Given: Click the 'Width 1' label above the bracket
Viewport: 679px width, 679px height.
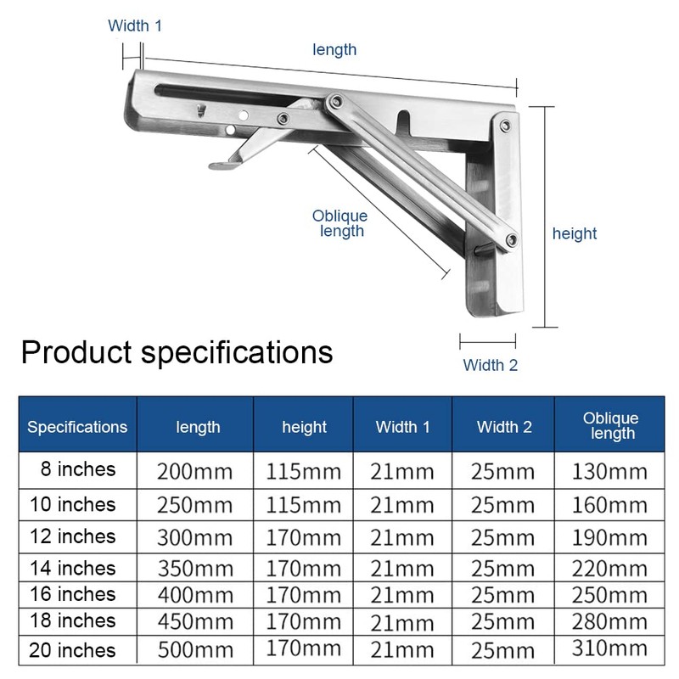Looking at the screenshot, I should (x=134, y=25).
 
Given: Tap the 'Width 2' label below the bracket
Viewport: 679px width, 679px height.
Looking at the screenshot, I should (x=490, y=365).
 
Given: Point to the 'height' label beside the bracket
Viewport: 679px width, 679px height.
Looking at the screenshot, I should (x=575, y=233).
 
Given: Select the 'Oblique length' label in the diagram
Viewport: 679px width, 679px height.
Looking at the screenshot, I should (x=339, y=224).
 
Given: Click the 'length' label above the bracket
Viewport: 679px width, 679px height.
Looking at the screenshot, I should (x=334, y=50).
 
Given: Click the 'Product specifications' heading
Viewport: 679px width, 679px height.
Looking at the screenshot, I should (x=177, y=351).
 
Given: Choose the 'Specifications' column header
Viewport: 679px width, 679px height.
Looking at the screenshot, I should (x=77, y=427).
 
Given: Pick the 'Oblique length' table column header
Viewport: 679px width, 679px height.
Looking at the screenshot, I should (x=610, y=426).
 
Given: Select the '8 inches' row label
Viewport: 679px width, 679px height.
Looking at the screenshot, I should (x=77, y=469).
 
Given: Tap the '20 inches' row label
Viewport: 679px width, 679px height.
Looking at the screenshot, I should (x=72, y=651).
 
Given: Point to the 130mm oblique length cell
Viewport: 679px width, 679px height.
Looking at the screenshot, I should (x=609, y=472).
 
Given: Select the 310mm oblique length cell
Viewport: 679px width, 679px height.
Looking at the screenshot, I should (x=609, y=651).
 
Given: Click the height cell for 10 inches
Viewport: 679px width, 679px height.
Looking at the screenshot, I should (x=304, y=505).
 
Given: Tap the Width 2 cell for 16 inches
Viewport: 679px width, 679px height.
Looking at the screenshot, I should (x=503, y=595).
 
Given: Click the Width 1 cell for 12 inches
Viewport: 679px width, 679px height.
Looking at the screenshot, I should (x=403, y=537).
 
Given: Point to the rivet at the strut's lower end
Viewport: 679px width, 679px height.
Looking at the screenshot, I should (x=511, y=240).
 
